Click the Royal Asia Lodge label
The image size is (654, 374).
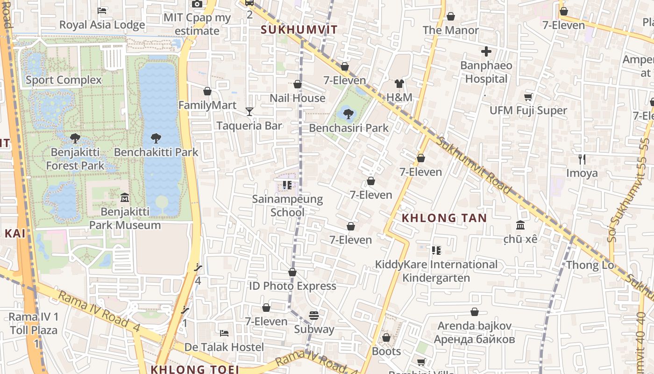point(102,25)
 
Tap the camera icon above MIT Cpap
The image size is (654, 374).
point(197,4)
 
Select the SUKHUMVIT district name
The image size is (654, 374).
point(299,30)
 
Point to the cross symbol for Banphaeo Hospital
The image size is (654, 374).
point(486,51)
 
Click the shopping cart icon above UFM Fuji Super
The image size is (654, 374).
point(528,97)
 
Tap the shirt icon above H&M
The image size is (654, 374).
point(399,84)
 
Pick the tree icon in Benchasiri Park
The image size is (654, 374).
point(348,114)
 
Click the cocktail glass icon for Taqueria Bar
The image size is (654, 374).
point(249,111)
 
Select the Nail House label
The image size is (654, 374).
point(298,98)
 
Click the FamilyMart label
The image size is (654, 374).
point(207,105)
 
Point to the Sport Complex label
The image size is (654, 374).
point(64,80)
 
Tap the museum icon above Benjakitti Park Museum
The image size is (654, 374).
point(125,198)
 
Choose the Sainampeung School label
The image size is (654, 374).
point(287,206)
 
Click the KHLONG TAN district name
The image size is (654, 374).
point(444,218)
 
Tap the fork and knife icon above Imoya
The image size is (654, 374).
point(582,159)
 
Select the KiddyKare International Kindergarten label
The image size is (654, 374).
point(436,271)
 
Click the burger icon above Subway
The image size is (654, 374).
point(314,316)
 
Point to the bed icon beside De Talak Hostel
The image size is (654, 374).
point(224,333)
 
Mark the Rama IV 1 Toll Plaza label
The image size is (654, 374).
point(34,324)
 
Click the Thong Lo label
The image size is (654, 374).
point(590,265)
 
